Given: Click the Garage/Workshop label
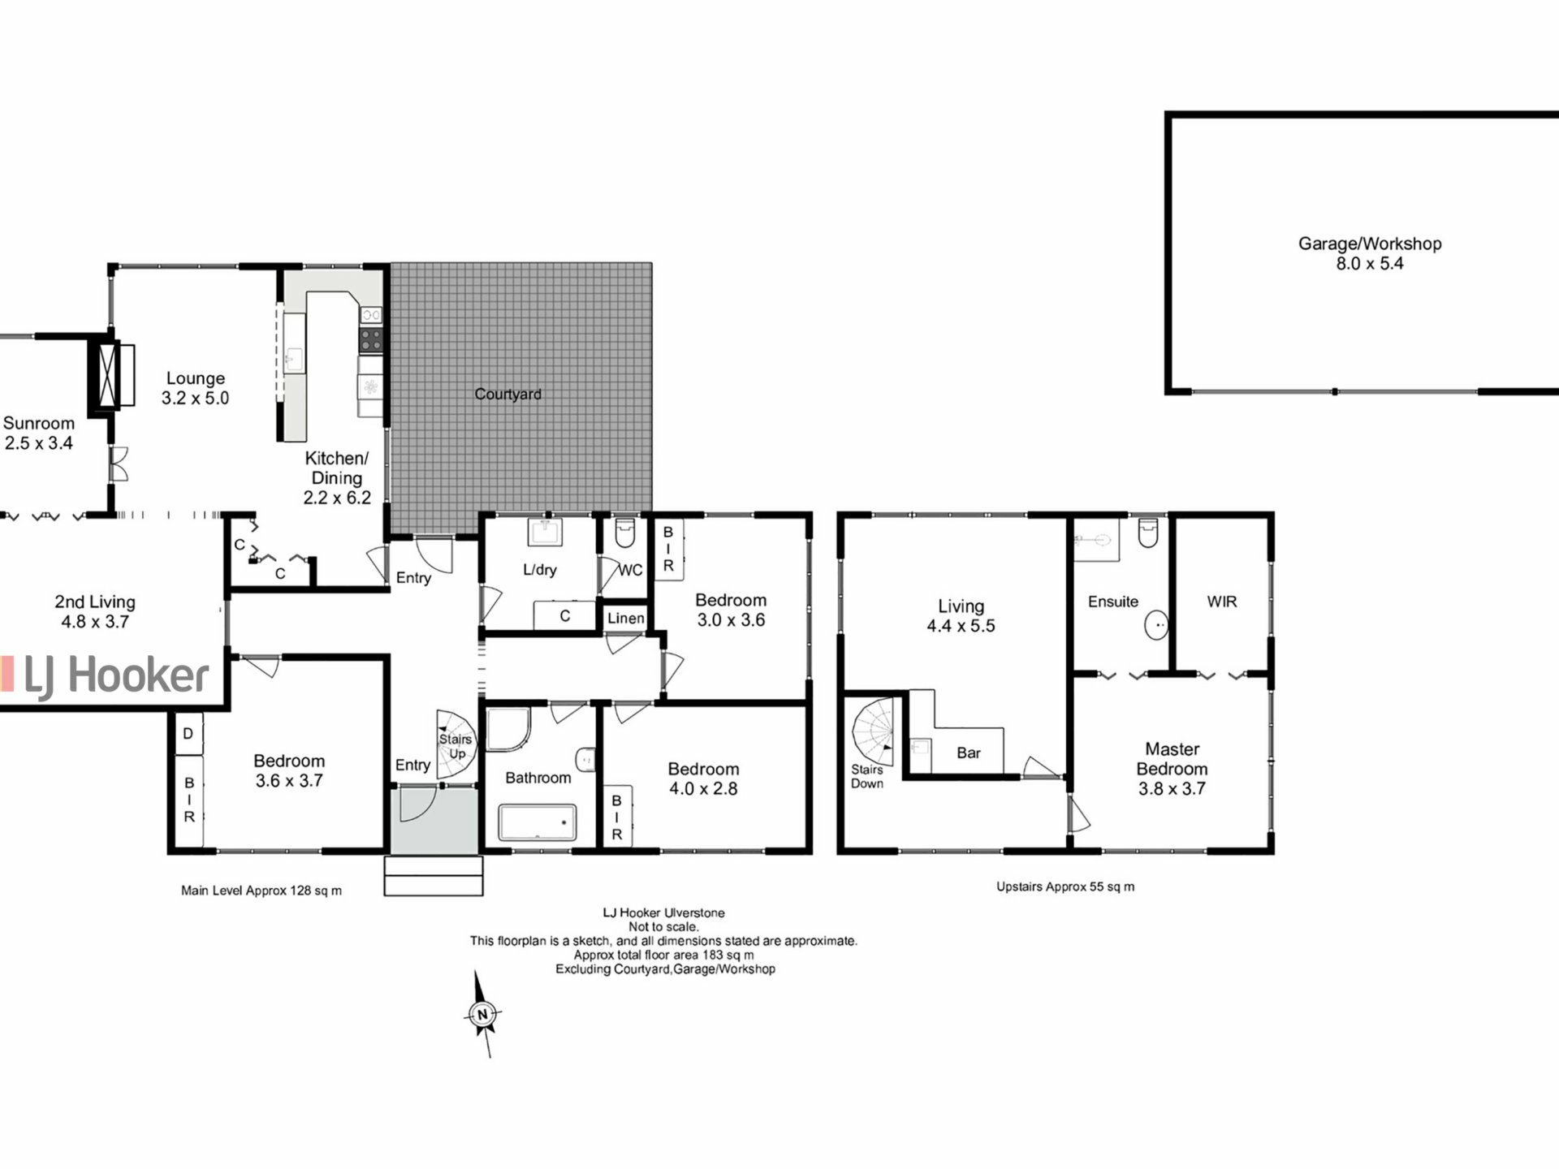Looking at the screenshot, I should pos(1369,244).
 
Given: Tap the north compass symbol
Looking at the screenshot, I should pos(482,1014).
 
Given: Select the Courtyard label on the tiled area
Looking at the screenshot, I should pos(507,395).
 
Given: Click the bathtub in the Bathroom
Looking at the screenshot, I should pos(537,822).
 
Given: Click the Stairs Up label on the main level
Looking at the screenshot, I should pos(456,746).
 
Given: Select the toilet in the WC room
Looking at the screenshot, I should pos(624,533).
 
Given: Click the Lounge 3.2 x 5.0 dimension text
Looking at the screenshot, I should pos(195,399).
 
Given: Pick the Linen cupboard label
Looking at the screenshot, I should pos(625,619).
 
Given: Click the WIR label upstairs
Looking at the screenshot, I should pos(1221,602).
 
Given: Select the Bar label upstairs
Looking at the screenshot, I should pos(968,753).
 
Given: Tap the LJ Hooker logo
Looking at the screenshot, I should pos(106,676).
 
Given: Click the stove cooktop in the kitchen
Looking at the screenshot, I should pos(371,339).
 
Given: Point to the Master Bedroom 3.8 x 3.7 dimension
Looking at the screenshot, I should pos(1171,788).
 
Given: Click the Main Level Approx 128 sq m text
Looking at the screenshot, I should pos(261,891).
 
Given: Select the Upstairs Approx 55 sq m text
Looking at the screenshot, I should pos(1065,886).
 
